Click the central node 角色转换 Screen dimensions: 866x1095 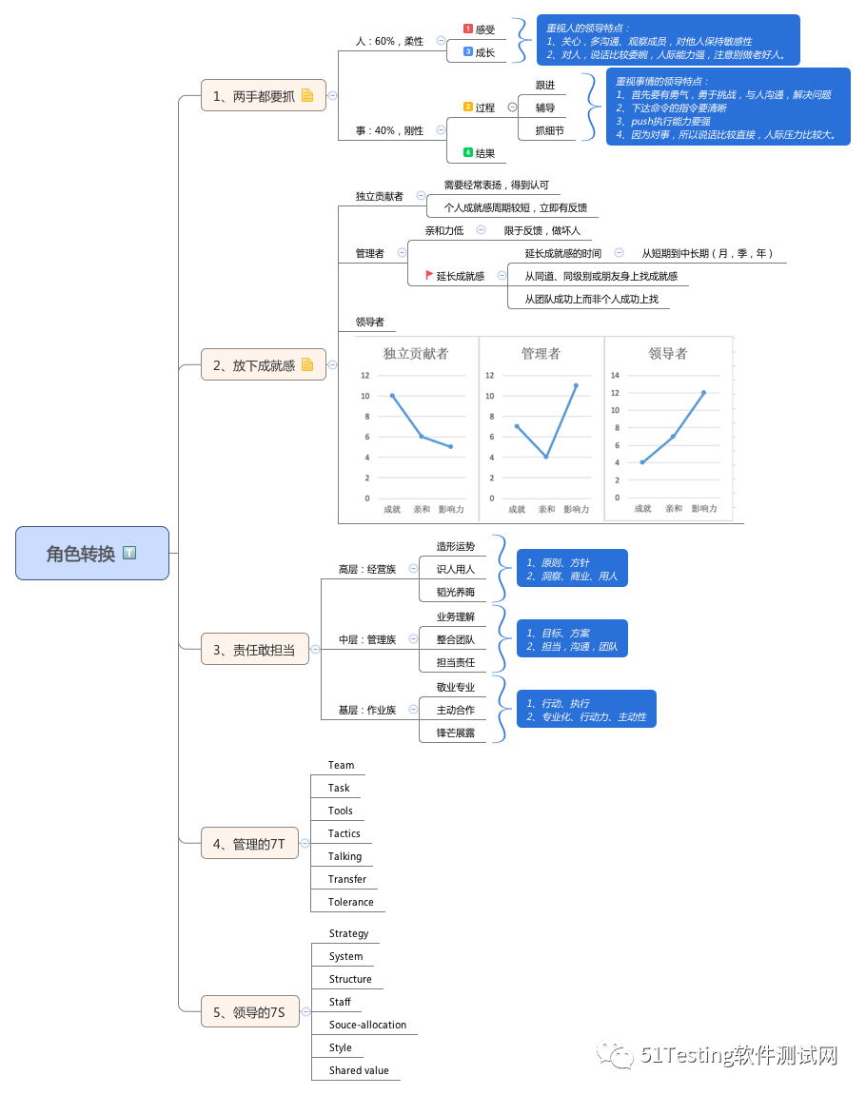click(91, 553)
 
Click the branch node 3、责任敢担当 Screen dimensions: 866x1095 click(254, 650)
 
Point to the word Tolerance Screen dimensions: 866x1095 click(350, 902)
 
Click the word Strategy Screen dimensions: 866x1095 click(348, 933)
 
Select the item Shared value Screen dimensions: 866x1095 click(359, 1070)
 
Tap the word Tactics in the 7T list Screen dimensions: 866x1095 click(344, 833)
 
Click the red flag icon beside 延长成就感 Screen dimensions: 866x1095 click(428, 275)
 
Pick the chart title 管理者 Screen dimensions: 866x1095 click(541, 353)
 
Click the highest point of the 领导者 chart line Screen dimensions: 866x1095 click(704, 392)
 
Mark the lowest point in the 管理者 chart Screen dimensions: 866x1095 click(546, 457)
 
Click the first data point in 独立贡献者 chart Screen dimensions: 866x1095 click(392, 395)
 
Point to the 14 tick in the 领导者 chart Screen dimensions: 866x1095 click(615, 375)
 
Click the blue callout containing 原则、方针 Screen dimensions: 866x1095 click(571, 568)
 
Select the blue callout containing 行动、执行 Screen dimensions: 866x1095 click(586, 709)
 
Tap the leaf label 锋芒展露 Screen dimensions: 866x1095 click(455, 733)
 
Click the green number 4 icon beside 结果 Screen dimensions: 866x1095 click(467, 152)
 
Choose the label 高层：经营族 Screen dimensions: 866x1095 click(366, 569)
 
